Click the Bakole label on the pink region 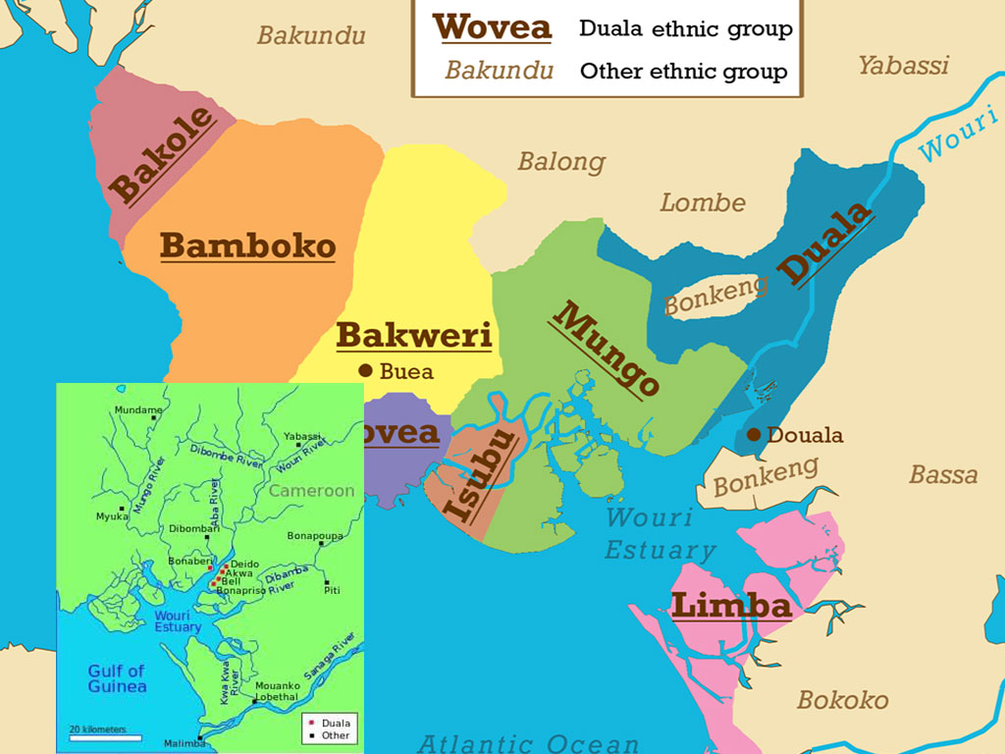(x=162, y=155)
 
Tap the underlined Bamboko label (x=247, y=245)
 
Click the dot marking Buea (x=366, y=371)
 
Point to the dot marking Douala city (x=753, y=435)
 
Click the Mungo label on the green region (x=606, y=349)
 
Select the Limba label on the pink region (x=730, y=606)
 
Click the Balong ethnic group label (x=561, y=161)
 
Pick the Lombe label (x=702, y=203)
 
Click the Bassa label (x=942, y=475)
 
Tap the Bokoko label (x=842, y=700)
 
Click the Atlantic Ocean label (x=532, y=742)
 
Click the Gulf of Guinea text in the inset (x=116, y=678)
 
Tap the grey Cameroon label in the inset (x=311, y=491)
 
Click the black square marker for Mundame (x=153, y=418)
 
